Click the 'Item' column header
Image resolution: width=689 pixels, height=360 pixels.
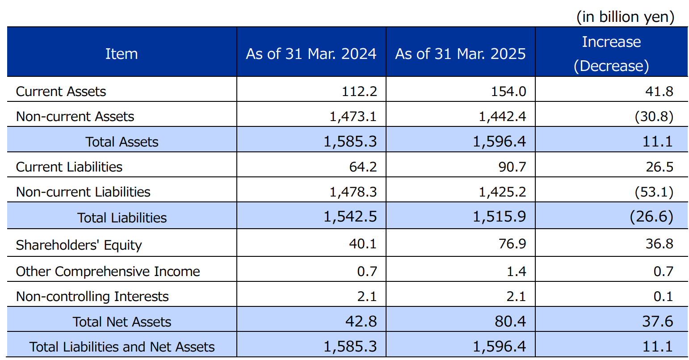pyautogui.click(x=121, y=54)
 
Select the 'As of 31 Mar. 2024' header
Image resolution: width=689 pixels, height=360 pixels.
pyautogui.click(x=311, y=54)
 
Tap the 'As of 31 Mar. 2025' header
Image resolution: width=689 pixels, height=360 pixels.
pyautogui.click(x=460, y=54)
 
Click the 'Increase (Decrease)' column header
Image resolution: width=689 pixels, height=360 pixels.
pyautogui.click(x=611, y=54)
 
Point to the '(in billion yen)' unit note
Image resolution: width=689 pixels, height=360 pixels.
pyautogui.click(x=625, y=17)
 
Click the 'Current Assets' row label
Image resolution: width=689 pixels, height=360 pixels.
pyautogui.click(x=61, y=92)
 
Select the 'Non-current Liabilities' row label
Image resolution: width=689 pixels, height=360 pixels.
pyautogui.click(x=83, y=192)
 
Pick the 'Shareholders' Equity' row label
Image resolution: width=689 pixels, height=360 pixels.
pyautogui.click(x=79, y=245)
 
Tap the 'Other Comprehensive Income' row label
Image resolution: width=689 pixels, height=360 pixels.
pyautogui.click(x=108, y=272)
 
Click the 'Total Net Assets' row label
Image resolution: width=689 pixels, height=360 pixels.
pyautogui.click(x=122, y=322)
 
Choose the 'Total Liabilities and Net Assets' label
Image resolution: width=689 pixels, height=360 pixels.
pyautogui.click(x=122, y=347)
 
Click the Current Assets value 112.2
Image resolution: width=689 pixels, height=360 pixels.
pyautogui.click(x=359, y=92)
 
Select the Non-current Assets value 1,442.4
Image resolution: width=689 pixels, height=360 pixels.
pyautogui.click(x=502, y=117)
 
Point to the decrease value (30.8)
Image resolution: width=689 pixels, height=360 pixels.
pyautogui.click(x=654, y=117)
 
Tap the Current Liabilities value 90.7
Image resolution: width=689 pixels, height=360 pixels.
pyautogui.click(x=513, y=167)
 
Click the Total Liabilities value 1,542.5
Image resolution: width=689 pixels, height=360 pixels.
pyautogui.click(x=350, y=217)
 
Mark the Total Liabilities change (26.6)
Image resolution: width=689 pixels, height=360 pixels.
pyautogui.click(x=651, y=217)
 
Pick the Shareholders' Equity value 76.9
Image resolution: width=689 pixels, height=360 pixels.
pyautogui.click(x=513, y=244)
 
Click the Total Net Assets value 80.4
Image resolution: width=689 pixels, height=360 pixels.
pyautogui.click(x=510, y=322)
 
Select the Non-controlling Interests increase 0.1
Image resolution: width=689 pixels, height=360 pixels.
pyautogui.click(x=663, y=297)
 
